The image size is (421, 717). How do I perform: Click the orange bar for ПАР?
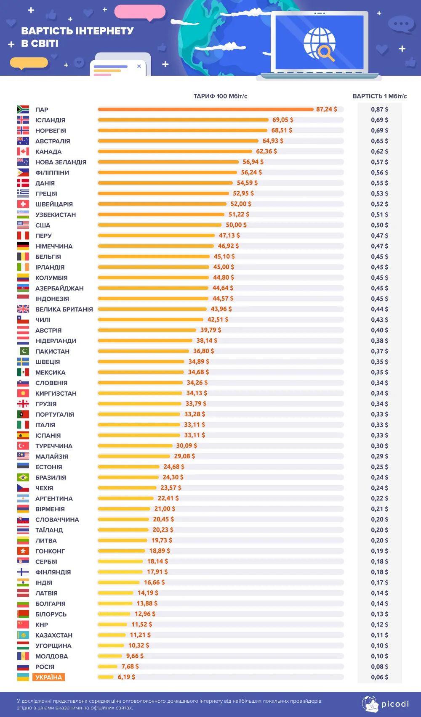coord(205,109)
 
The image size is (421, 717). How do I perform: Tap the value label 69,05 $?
coord(282,120)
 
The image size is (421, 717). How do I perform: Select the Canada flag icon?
coord(23,151)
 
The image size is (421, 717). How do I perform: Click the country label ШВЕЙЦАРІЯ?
coord(54,204)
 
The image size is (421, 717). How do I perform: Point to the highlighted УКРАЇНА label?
coord(48,677)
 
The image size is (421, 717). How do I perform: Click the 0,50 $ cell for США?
coord(379,225)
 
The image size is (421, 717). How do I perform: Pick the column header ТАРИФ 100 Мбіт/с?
coord(220,96)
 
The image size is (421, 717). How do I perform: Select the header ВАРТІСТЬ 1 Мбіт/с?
coord(379,96)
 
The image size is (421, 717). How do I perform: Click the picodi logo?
coord(386,704)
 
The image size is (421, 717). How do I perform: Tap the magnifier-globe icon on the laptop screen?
coord(320,43)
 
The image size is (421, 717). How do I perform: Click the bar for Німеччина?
coord(156,246)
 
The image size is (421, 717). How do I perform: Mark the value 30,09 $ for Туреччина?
coord(187,446)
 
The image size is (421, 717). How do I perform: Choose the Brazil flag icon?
coord(23,477)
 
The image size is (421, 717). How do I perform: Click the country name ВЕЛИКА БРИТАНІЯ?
coord(64,309)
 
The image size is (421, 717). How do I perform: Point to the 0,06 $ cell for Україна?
coord(379,677)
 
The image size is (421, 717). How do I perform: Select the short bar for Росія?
coord(107,667)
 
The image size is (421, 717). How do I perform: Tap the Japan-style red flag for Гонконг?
coord(23,551)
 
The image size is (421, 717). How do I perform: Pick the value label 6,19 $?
coord(126,677)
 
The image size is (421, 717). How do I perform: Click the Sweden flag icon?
coord(23,362)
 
